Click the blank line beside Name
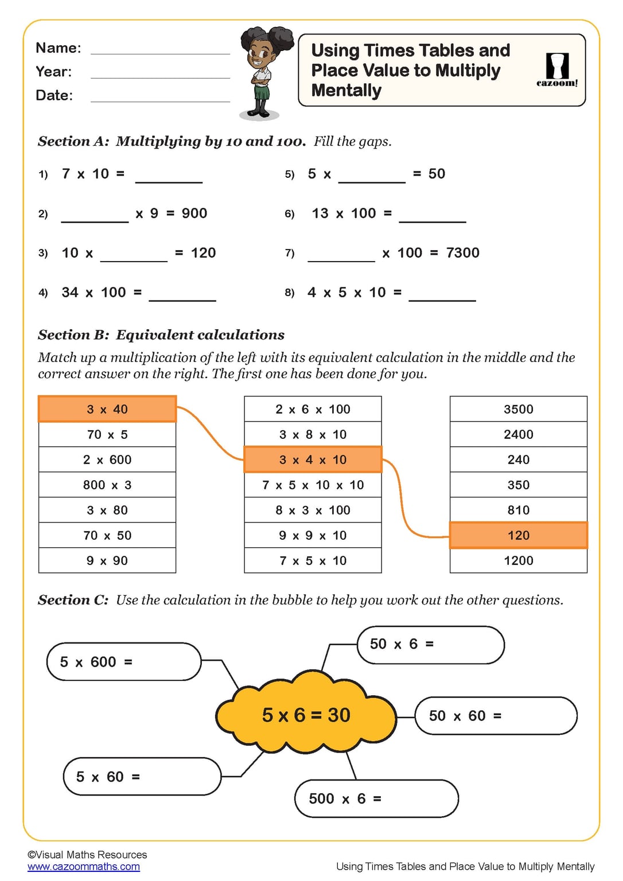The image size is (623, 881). click(x=160, y=52)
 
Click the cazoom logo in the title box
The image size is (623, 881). click(x=556, y=70)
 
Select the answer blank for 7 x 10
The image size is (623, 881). click(x=169, y=179)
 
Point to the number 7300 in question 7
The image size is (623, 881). click(x=462, y=253)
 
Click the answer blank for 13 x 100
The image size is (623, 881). click(x=432, y=219)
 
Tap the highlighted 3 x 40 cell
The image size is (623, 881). click(x=107, y=409)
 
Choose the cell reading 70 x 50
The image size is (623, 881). click(x=107, y=535)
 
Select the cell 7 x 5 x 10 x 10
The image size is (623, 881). click(x=313, y=485)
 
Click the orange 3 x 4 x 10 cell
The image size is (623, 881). click(x=313, y=459)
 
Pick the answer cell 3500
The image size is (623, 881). click(x=518, y=409)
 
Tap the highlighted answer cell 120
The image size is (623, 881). click(x=518, y=535)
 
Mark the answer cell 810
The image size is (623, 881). click(x=518, y=510)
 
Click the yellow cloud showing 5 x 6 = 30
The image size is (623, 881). click(x=306, y=715)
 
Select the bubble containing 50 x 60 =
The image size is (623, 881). click(x=496, y=716)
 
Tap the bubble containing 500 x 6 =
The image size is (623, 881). click(x=376, y=798)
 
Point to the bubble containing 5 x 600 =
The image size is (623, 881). click(x=124, y=662)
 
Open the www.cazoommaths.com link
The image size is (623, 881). click(x=84, y=867)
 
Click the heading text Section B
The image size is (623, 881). click(x=73, y=335)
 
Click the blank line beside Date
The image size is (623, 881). click(x=160, y=99)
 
